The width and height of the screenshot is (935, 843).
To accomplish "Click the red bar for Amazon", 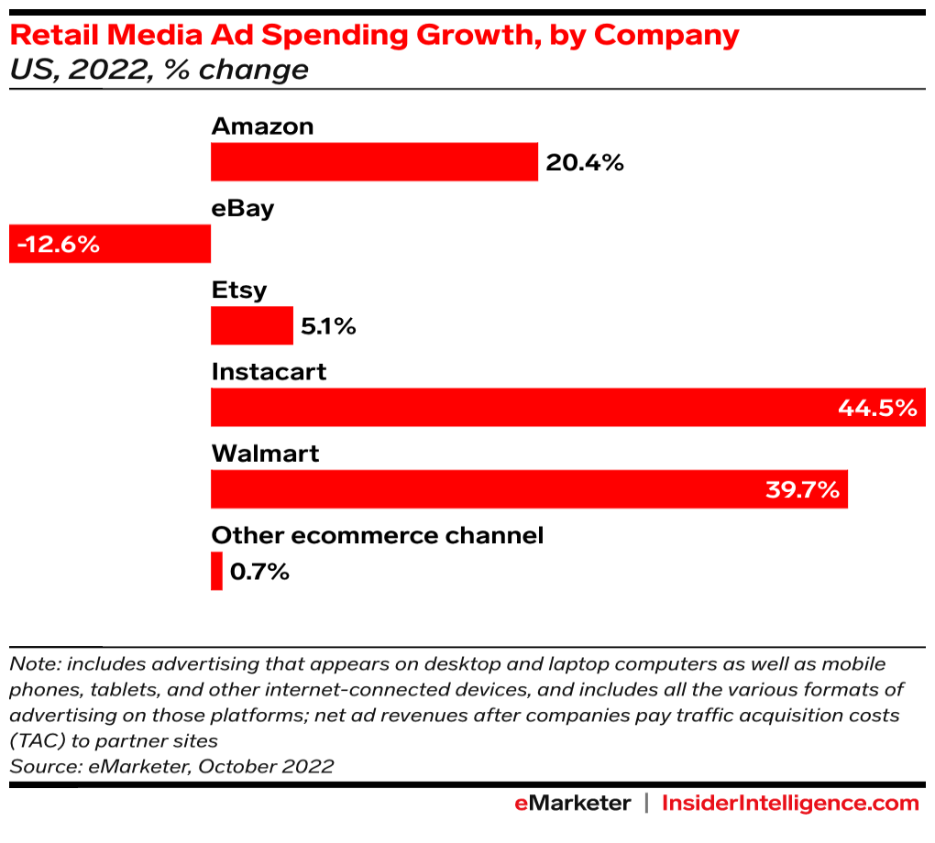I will (x=374, y=162).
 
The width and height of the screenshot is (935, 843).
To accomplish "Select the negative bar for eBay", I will (x=137, y=245).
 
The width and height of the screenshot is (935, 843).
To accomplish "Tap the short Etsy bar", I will (x=251, y=325).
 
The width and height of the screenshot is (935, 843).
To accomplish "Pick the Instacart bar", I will (x=522, y=407).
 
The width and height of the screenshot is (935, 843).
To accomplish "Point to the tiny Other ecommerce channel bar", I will (x=216, y=571).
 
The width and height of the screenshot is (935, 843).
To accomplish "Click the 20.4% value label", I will (x=585, y=163).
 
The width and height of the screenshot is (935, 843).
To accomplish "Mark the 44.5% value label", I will (x=877, y=408).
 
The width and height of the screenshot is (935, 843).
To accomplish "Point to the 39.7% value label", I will (x=802, y=489).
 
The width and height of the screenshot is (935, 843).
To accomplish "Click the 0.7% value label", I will (x=259, y=572).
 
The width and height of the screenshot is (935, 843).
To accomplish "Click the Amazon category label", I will (x=262, y=126).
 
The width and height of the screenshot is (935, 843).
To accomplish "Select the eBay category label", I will (x=243, y=208).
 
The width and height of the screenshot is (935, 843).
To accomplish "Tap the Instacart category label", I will (x=269, y=372).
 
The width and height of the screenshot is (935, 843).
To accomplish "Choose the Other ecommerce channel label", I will (x=378, y=535).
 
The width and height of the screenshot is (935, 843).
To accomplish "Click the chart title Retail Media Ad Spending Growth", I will (x=374, y=35).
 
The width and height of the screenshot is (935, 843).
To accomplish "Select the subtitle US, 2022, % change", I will (x=159, y=70).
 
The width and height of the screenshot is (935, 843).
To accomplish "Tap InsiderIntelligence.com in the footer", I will (x=789, y=804).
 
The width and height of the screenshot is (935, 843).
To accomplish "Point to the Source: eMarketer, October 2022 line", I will (x=171, y=766).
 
